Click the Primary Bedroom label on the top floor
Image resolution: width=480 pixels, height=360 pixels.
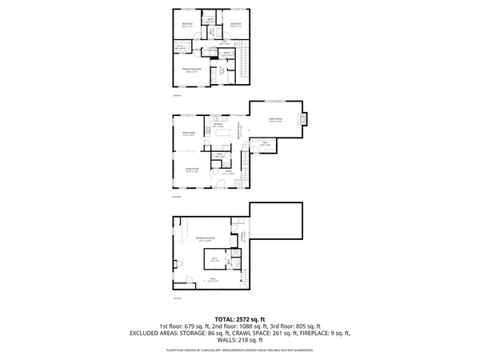click(x=190, y=70)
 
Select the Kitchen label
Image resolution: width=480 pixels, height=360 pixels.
click(x=217, y=125)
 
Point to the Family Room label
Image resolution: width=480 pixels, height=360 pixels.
click(x=275, y=121)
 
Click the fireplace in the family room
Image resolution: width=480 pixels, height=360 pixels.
click(x=302, y=121)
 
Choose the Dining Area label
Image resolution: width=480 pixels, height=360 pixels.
click(x=190, y=134)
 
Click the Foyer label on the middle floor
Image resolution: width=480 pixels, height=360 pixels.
click(x=228, y=171)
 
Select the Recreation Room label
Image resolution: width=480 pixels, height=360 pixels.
click(x=204, y=239)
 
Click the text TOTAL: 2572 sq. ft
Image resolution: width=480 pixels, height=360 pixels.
click(x=239, y=319)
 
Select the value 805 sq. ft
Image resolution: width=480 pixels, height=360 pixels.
click(x=308, y=326)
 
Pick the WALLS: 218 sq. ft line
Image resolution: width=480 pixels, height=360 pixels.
click(x=239, y=341)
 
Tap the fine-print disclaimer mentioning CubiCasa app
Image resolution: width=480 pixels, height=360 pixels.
click(x=239, y=350)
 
